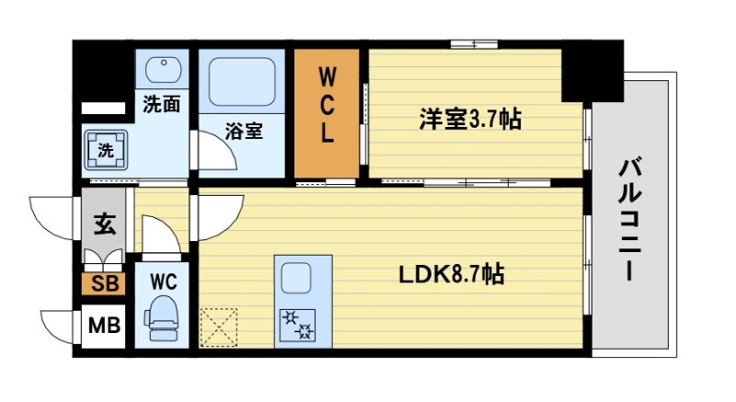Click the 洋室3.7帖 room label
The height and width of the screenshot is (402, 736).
tap(470, 119)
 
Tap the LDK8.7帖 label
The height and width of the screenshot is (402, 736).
tap(451, 274)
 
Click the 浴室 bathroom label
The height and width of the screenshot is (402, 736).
tap(245, 131)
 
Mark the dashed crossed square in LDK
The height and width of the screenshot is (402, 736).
tap(220, 327)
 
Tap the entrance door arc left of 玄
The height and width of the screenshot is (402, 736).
tap(53, 217)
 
